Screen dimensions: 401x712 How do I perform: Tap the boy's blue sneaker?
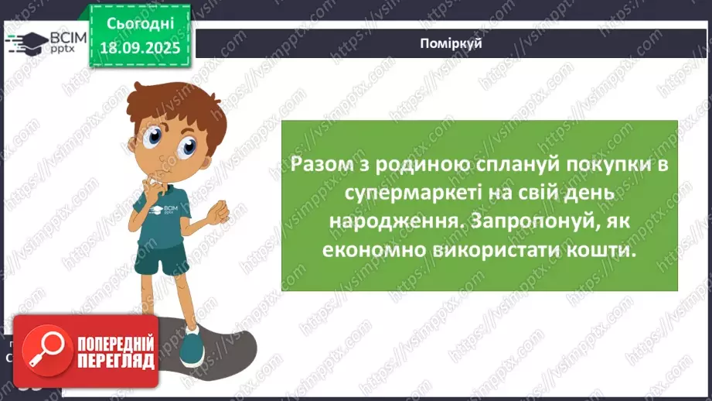click(x=190, y=345)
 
